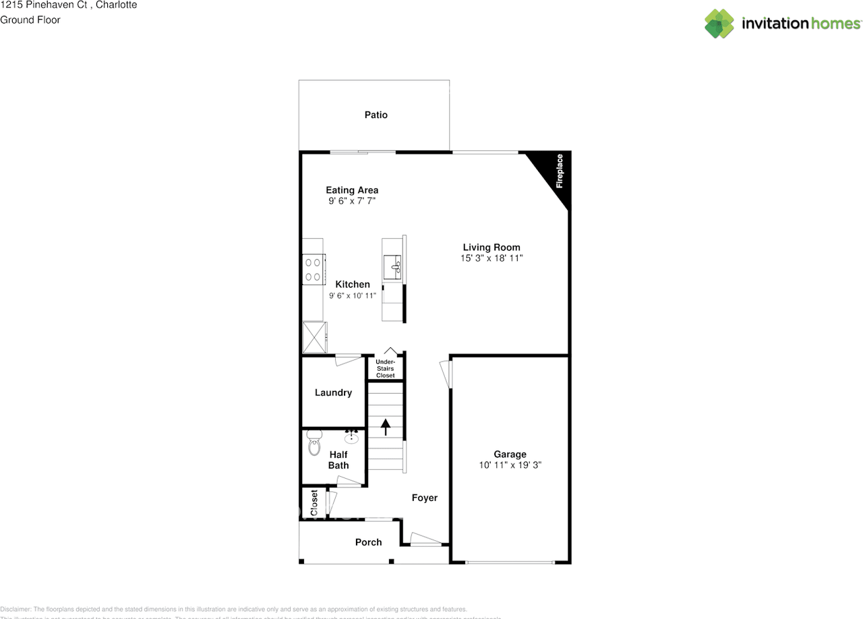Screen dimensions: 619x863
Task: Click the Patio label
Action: (376, 115)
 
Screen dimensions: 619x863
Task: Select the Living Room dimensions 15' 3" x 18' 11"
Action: (492, 258)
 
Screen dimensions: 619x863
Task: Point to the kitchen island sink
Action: (393, 266)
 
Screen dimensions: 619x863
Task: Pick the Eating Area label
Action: (352, 190)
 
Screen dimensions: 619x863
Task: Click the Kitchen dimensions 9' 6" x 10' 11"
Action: (353, 296)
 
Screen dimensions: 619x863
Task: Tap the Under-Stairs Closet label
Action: (386, 368)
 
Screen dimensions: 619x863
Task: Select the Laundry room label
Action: (333, 392)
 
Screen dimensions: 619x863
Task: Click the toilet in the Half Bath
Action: (314, 444)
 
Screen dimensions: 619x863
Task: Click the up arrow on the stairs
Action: (386, 427)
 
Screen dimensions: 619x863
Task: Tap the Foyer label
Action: (425, 498)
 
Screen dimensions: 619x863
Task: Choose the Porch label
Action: (368, 542)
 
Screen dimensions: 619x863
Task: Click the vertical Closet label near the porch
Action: (314, 503)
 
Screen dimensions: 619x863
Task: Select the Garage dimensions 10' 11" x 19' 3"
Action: (510, 465)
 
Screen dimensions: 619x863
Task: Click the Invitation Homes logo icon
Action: (719, 24)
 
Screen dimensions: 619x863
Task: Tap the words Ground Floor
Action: (30, 20)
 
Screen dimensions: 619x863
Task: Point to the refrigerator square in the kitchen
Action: (313, 337)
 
